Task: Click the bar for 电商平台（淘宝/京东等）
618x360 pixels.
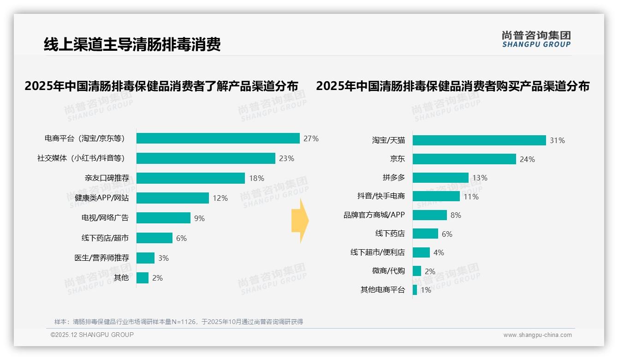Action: click(x=218, y=138)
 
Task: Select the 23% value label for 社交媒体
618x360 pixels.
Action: click(x=286, y=158)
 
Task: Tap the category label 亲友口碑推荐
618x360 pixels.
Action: click(x=107, y=178)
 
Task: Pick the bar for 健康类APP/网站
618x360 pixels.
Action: click(x=172, y=198)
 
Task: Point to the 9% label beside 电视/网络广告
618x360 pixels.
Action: click(x=199, y=218)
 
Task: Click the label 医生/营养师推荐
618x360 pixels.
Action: click(x=101, y=258)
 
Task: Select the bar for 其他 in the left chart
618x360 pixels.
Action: click(x=143, y=278)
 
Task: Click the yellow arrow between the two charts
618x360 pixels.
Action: click(x=300, y=221)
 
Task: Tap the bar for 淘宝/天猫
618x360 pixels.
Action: click(x=479, y=140)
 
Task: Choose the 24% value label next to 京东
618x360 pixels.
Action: click(x=527, y=159)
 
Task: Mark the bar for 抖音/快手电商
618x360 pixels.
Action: click(x=436, y=196)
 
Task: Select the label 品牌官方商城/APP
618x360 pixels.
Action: click(x=374, y=215)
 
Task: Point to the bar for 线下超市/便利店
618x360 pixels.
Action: click(x=421, y=252)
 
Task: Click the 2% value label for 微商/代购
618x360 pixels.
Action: click(x=430, y=271)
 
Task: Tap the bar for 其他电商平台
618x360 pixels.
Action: click(x=415, y=290)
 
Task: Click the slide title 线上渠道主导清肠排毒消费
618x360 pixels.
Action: click(x=132, y=44)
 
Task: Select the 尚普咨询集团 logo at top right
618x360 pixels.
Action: click(x=536, y=39)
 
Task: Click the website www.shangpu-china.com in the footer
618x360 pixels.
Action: click(x=537, y=335)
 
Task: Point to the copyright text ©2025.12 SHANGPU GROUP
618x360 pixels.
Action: click(x=92, y=335)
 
